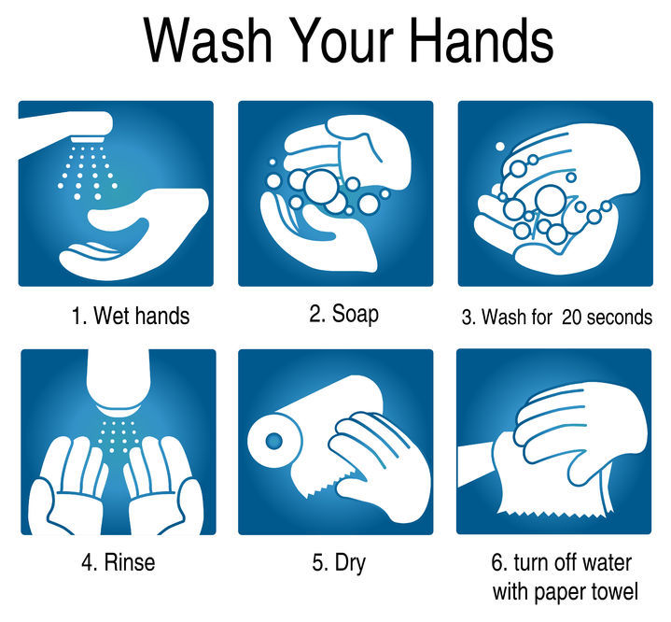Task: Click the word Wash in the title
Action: (x=207, y=40)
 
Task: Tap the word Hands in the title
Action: (x=481, y=40)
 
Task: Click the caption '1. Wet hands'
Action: (x=131, y=317)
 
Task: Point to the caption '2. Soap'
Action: (x=344, y=314)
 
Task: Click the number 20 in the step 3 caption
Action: (x=572, y=318)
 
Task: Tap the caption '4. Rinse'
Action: (x=119, y=562)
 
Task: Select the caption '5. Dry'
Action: (x=339, y=563)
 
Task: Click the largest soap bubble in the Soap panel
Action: (x=321, y=187)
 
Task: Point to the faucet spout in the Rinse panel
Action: (x=119, y=379)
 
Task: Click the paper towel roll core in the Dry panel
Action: (x=274, y=441)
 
